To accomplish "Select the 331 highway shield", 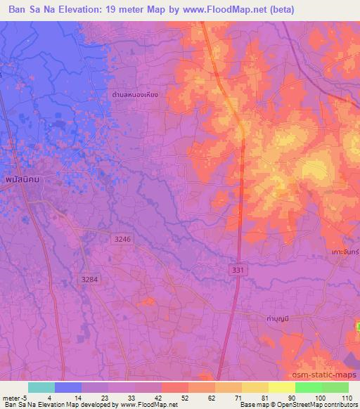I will click(239, 270).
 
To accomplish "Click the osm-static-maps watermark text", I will click(323, 376).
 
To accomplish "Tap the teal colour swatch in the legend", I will click(41, 387).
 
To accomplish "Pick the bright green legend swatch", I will click(308, 387).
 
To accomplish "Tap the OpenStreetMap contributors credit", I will click(320, 405).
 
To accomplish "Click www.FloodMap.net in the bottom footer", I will click(149, 405).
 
